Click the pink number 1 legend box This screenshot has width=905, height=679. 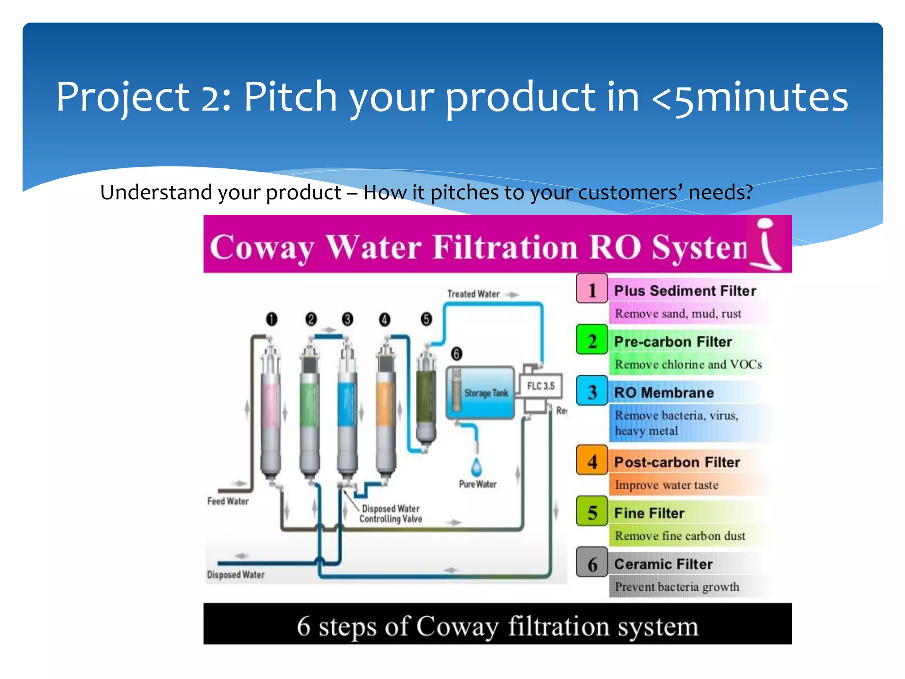coord(592,289)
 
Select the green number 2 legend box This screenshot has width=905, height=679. coord(592,340)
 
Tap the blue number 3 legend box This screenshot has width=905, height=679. coord(592,391)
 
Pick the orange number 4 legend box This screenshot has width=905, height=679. coord(592,461)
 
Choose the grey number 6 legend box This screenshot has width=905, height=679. coord(592,563)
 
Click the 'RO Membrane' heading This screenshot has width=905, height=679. coord(664,393)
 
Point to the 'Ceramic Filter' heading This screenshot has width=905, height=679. coord(663,564)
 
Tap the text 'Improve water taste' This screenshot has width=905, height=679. coord(666,485)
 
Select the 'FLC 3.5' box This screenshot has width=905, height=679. coord(540,386)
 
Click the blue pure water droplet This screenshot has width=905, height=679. coord(476,467)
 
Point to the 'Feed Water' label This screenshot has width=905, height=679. coord(228,501)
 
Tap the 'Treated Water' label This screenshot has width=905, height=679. coord(473,294)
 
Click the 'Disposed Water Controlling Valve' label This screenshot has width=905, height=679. coord(391,514)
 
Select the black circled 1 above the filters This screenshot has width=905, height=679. coord(272,319)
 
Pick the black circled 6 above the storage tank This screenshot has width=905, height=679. coord(456,354)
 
